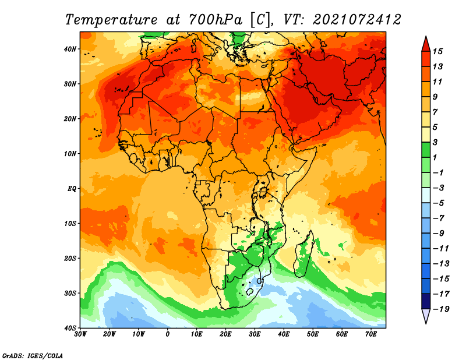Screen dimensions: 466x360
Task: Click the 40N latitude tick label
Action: click(x=70, y=49)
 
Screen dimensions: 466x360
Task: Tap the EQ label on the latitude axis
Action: click(x=72, y=189)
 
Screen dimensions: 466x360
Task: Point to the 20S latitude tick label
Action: click(x=70, y=258)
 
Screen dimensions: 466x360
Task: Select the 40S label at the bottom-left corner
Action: click(x=70, y=328)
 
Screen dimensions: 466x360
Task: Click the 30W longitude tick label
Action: click(x=80, y=334)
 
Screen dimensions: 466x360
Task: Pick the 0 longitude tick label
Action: click(x=168, y=334)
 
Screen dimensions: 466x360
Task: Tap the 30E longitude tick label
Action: click(x=255, y=334)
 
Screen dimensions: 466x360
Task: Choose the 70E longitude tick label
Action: click(x=370, y=334)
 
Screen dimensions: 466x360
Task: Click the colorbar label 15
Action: click(x=437, y=51)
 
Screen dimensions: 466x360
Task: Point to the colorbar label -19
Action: click(x=441, y=309)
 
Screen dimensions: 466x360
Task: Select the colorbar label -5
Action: click(x=439, y=203)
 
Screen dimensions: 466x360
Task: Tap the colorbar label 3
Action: click(x=435, y=142)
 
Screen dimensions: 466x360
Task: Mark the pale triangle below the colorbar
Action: click(x=426, y=315)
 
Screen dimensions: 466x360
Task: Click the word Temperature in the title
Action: click(x=111, y=20)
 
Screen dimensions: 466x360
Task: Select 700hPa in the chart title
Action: click(x=216, y=20)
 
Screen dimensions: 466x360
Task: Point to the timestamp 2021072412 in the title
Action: click(x=357, y=20)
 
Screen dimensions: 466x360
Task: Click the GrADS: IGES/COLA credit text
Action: click(x=33, y=355)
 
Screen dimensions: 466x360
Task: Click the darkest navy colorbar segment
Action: click(x=426, y=301)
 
